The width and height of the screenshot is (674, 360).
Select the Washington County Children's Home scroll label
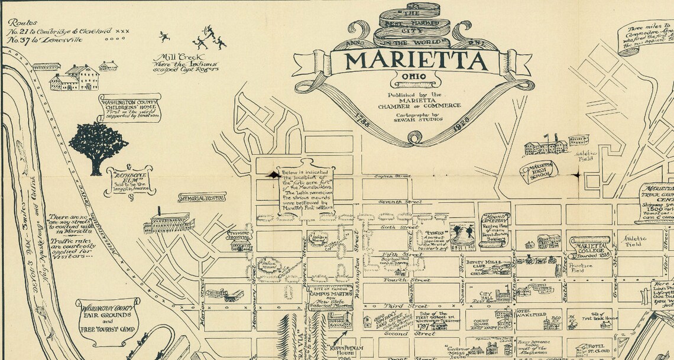(129, 107)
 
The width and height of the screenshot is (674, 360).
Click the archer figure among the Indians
(208, 30)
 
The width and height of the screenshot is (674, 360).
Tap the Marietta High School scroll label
(538, 171)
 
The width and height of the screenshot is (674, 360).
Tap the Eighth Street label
(394, 176)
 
